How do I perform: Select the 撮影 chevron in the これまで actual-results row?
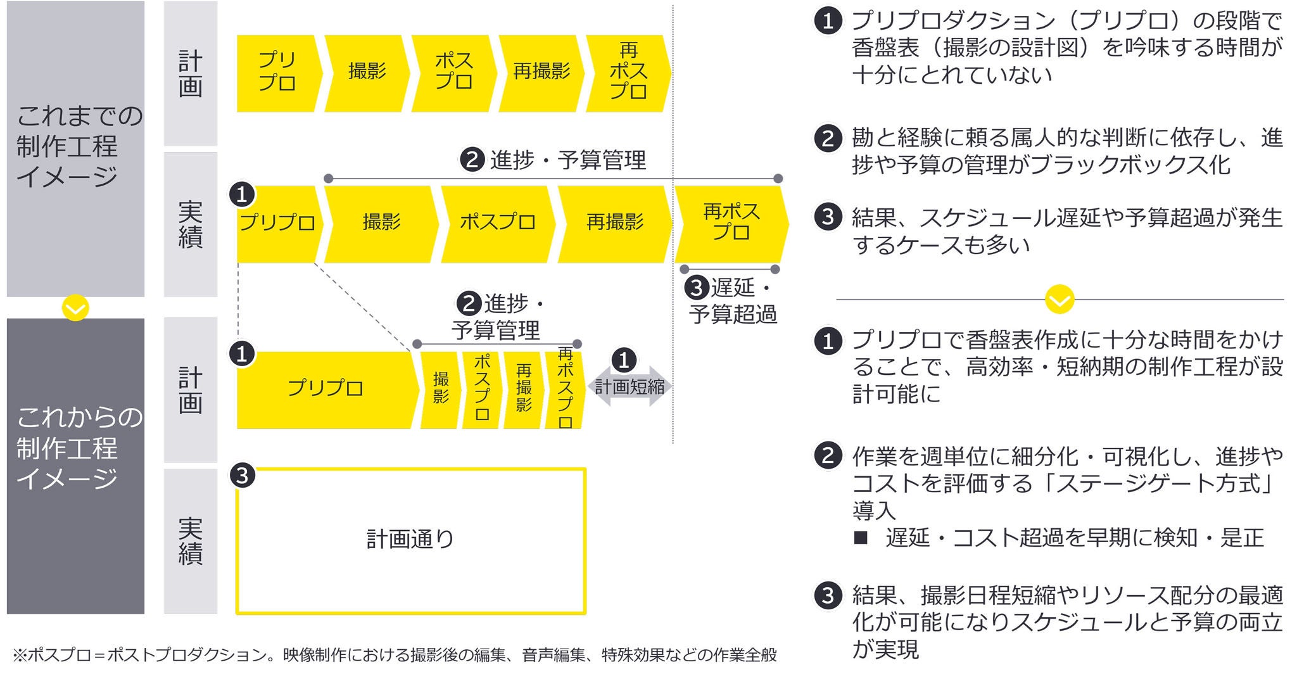pos(381,223)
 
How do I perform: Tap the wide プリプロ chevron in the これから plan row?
pos(326,389)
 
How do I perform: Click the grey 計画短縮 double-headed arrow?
pos(630,386)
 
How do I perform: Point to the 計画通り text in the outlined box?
pos(410,540)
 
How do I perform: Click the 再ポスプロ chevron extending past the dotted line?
pos(731,223)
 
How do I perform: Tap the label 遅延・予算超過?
pos(733,301)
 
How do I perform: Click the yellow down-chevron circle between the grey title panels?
pos(75,308)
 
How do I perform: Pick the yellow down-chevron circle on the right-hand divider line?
pos(1060,299)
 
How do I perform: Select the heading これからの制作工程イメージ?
pos(75,448)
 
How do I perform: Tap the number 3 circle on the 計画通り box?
pos(243,475)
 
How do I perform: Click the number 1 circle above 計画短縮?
pos(624,360)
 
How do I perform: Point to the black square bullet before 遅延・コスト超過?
pos(861,538)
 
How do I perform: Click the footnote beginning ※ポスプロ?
pos(394,655)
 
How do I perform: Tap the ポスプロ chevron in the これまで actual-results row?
pos(498,223)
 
